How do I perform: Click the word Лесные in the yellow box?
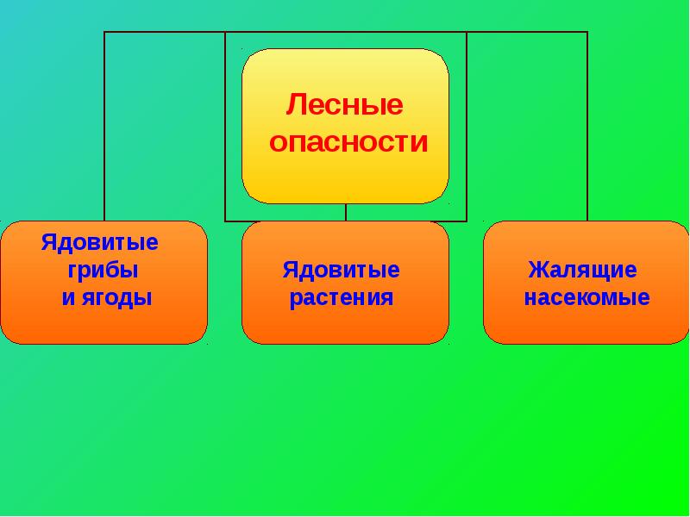[345, 107]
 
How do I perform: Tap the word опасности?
[348, 143]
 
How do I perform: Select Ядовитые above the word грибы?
[99, 241]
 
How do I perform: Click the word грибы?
[103, 270]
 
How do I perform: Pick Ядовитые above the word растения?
[342, 271]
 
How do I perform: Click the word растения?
[342, 299]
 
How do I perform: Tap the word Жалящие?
[583, 271]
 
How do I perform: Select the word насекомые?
[587, 299]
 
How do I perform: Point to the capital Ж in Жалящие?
[538, 270]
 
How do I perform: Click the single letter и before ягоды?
[67, 299]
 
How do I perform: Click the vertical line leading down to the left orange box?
[104, 129]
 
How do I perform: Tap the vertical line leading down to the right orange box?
[587, 129]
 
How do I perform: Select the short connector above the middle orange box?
[346, 212]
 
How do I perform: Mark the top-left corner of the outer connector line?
[104, 32]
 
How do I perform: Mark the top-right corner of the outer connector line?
[587, 32]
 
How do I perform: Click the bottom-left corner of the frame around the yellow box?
[225, 221]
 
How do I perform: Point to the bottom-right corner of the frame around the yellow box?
[467, 221]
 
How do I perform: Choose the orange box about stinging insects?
[586, 283]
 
